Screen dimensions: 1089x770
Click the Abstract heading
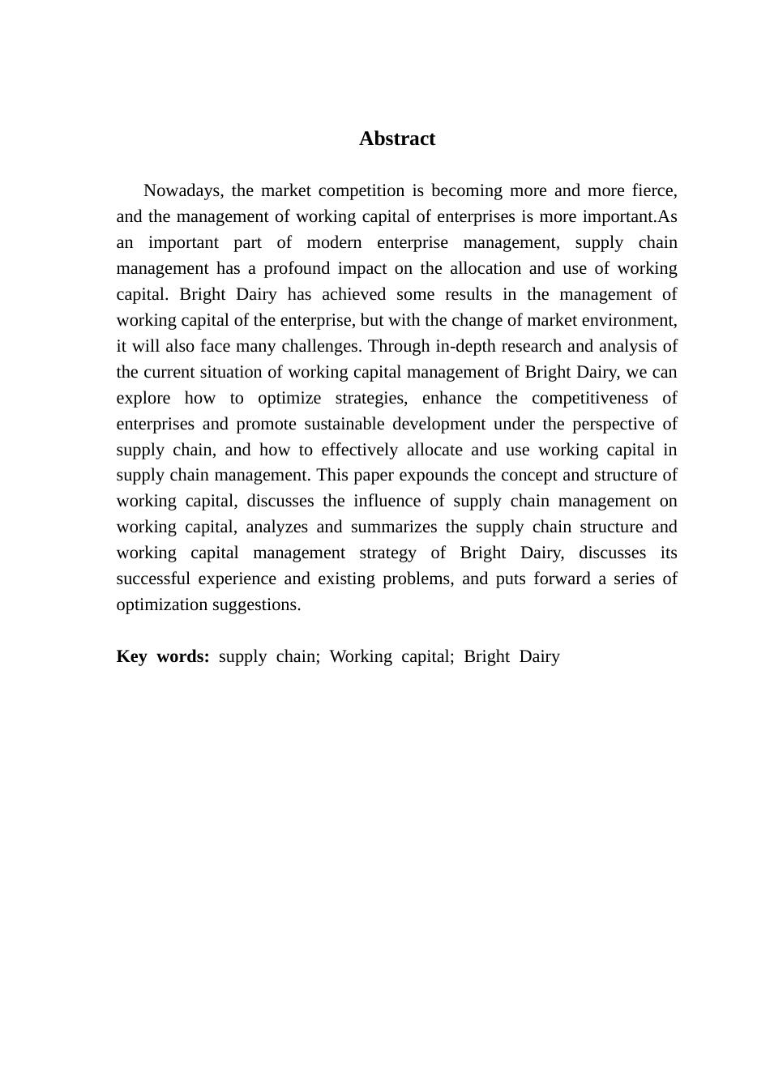(397, 139)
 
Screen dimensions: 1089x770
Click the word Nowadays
(182, 191)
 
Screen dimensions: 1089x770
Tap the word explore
(143, 398)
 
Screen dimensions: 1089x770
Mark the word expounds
(435, 475)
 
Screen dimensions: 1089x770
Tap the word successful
(154, 579)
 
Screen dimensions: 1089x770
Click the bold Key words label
(163, 656)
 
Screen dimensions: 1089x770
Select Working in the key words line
(360, 656)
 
